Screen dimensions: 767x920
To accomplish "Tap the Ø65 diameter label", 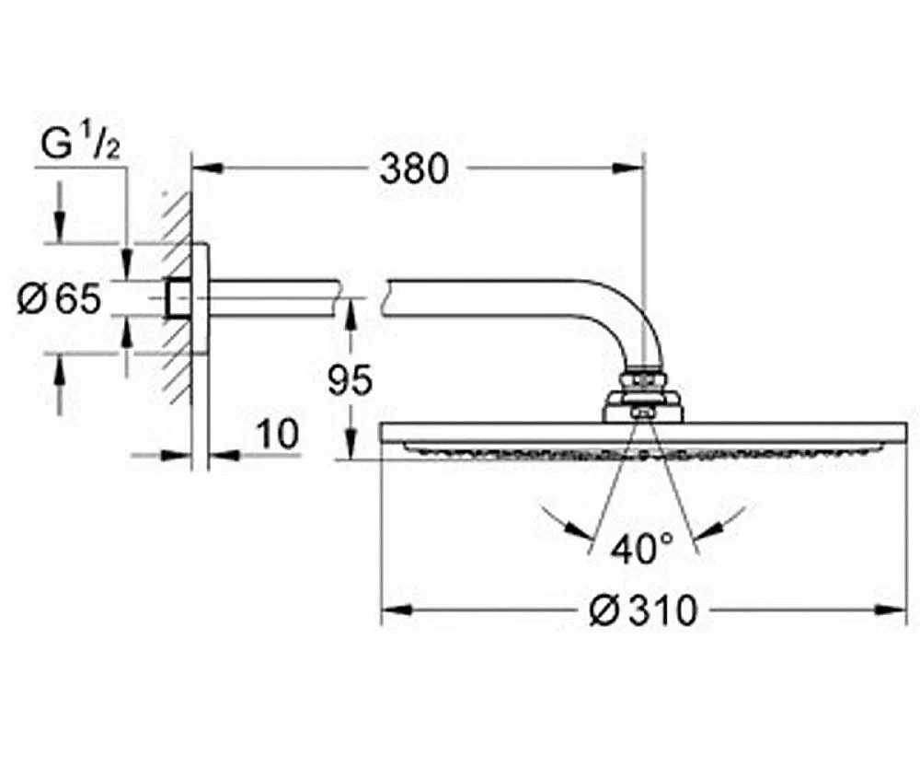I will pos(61,299).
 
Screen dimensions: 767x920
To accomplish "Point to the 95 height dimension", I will pos(350,379).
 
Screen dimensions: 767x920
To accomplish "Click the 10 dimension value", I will pos(277,435).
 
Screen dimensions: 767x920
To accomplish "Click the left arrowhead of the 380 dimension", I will pos(208,169).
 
